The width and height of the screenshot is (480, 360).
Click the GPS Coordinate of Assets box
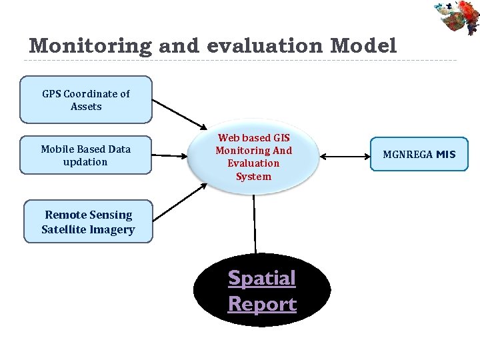(86, 100)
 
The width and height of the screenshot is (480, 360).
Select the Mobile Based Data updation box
(85, 155)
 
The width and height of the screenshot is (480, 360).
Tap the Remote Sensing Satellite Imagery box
(88, 222)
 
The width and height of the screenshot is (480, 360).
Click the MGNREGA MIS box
(419, 155)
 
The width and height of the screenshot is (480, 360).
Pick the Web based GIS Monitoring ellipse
(253, 157)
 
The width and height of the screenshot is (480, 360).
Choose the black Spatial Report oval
(262, 291)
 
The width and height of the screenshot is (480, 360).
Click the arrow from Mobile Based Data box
(171, 155)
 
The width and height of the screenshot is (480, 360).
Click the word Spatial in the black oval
(262, 278)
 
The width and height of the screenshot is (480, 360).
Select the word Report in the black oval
(262, 304)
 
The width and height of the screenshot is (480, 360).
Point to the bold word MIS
(446, 155)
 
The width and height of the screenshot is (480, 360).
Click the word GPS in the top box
(51, 94)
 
